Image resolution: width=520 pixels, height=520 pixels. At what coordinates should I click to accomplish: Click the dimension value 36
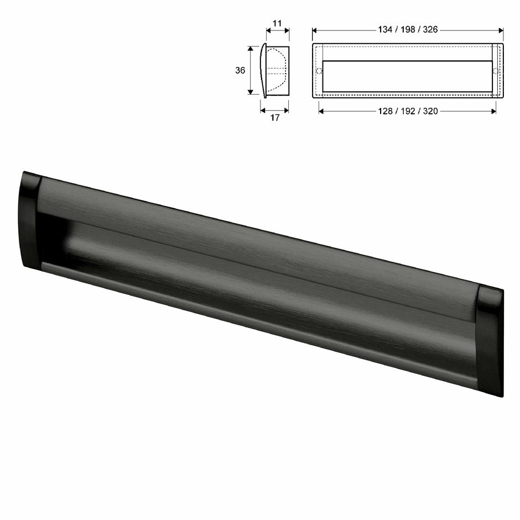(240, 70)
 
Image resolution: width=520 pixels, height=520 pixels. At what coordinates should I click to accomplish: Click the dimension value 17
(274, 117)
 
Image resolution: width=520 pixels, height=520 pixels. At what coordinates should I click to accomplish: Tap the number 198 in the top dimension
(408, 29)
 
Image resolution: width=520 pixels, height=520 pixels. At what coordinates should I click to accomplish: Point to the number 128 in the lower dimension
(386, 111)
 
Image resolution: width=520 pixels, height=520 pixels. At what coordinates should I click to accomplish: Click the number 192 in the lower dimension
(408, 111)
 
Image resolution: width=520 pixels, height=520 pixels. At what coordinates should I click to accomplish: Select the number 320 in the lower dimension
(430, 111)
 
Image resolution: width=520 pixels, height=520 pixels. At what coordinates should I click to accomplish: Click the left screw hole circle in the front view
(319, 71)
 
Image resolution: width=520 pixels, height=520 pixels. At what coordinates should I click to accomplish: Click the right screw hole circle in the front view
(496, 71)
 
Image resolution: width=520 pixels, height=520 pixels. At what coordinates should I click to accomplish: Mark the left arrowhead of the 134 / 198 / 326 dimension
(315, 30)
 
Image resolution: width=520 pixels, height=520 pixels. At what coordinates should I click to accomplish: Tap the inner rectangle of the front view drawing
(407, 76)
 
